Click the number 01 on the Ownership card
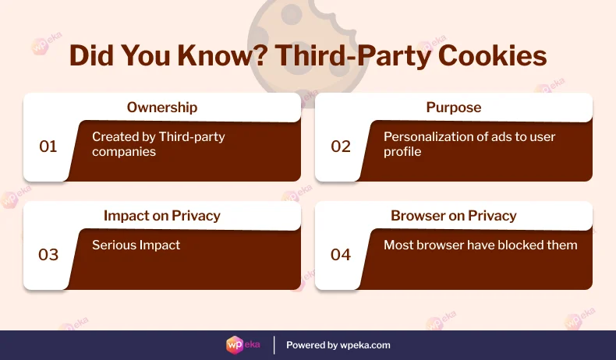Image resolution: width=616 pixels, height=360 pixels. click(x=48, y=146)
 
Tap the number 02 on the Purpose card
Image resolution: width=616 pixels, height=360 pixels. click(x=341, y=146)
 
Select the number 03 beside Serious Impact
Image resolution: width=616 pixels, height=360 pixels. click(x=48, y=254)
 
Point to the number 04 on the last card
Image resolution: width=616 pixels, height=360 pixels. click(x=341, y=254)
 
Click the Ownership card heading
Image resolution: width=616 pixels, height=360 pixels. click(x=162, y=108)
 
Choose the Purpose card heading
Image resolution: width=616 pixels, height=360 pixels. click(x=453, y=108)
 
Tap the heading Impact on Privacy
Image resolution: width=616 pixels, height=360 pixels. click(x=162, y=216)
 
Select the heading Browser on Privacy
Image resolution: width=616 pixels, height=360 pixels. click(x=453, y=216)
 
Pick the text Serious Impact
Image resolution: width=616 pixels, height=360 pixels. click(x=136, y=245)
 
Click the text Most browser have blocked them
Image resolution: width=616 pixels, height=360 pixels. click(x=480, y=245)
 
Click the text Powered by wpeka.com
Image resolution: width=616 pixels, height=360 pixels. click(x=338, y=344)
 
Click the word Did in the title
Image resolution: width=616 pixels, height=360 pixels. click(x=90, y=58)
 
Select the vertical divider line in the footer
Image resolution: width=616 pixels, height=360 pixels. click(x=274, y=344)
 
